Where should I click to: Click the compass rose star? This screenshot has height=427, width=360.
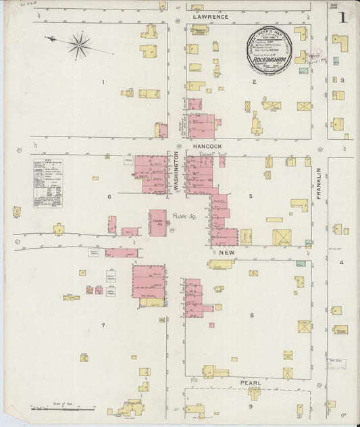tap(79, 45)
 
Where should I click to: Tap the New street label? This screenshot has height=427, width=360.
tap(226, 252)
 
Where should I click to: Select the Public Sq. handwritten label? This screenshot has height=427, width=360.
tap(182, 216)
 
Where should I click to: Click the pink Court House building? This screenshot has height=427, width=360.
tap(157, 222)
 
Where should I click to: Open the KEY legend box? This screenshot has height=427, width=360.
tap(47, 182)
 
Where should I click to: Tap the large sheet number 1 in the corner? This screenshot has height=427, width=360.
tap(344, 16)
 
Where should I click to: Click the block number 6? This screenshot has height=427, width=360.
tap(108, 197)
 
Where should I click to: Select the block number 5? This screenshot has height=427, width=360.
tap(250, 197)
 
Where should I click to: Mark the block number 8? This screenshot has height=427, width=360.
tap(251, 316)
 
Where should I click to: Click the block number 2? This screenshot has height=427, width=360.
tap(254, 82)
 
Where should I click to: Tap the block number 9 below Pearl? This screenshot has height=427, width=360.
tap(250, 406)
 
